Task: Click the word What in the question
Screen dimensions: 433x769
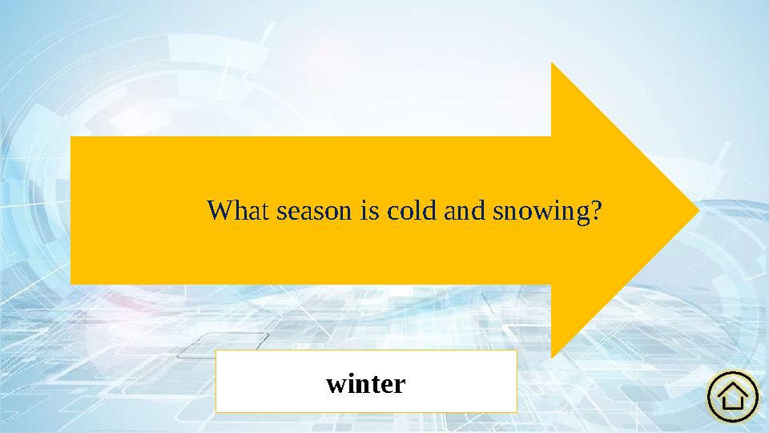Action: pyautogui.click(x=239, y=212)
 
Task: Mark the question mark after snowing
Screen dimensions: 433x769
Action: pyautogui.click(x=595, y=212)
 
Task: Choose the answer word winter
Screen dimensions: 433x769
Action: pyautogui.click(x=366, y=384)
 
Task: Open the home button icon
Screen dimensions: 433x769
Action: pyautogui.click(x=733, y=395)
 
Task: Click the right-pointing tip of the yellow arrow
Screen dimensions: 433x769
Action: pyautogui.click(x=699, y=211)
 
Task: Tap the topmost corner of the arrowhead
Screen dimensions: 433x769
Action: pyautogui.click(x=552, y=63)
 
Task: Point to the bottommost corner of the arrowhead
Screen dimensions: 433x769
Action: pyautogui.click(x=552, y=358)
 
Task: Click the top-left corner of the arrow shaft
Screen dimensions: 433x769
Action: pyautogui.click(x=72, y=138)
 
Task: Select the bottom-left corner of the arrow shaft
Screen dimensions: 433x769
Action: pyautogui.click(x=72, y=283)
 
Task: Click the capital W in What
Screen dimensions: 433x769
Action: pyautogui.click(x=219, y=212)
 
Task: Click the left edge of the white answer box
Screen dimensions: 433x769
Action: pyautogui.click(x=216, y=381)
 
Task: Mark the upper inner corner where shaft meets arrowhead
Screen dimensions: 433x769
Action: pyautogui.click(x=552, y=137)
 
